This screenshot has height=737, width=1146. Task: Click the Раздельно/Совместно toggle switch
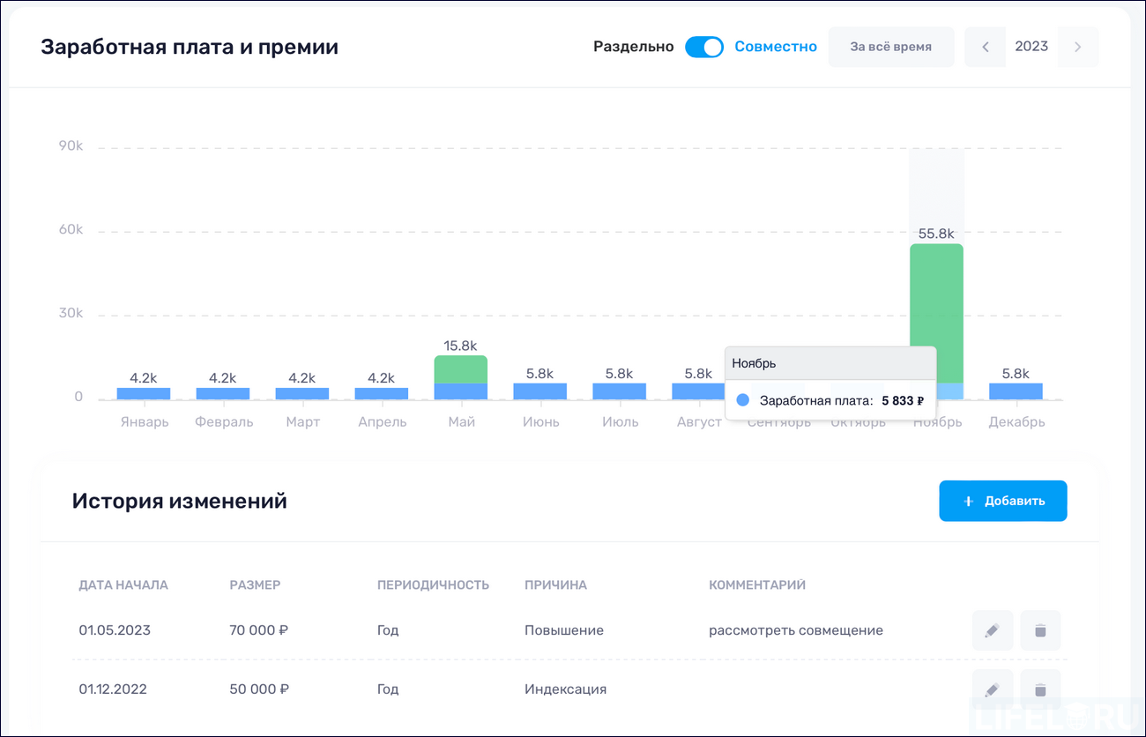pos(703,47)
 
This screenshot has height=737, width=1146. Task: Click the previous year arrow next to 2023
pos(986,48)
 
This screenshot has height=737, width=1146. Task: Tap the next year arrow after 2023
pos(1077,48)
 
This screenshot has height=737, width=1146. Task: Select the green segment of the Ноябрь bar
pos(936,309)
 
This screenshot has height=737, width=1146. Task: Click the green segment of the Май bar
pos(460,369)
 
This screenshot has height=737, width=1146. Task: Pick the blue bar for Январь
pos(143,394)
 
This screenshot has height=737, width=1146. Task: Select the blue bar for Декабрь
pos(1016,391)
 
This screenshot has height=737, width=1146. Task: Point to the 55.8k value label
pos(936,234)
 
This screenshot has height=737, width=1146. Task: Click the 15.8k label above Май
pos(460,346)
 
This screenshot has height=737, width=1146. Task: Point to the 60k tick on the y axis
pos(71,230)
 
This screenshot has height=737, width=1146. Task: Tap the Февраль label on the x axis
pos(224,422)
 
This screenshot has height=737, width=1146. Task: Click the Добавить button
pos(1002,501)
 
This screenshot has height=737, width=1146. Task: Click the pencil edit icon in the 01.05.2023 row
pos(992,630)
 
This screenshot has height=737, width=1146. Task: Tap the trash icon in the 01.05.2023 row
pos(1040,630)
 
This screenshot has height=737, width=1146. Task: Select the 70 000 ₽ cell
pos(259,630)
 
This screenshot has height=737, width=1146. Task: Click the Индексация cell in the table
pos(565,689)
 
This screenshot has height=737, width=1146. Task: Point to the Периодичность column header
pos(433,585)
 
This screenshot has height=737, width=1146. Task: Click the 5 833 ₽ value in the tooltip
pos(903,401)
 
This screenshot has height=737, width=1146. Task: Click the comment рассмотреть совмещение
pos(795,630)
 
